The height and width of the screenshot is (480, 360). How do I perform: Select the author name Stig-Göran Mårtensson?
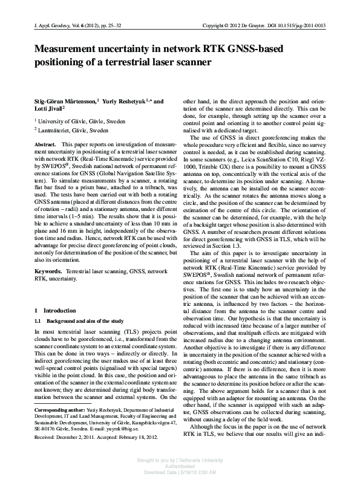point(65,102)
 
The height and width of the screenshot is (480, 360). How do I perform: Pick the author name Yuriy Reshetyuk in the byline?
point(124,102)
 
